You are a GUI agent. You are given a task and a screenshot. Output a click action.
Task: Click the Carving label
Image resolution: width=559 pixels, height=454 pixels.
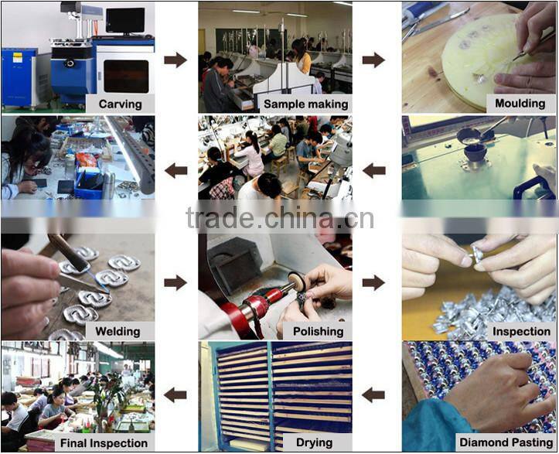(x=120, y=104)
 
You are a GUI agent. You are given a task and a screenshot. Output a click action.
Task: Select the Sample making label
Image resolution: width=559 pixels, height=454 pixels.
(x=306, y=104)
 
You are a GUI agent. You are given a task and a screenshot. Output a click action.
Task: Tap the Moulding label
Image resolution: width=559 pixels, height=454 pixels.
(x=520, y=104)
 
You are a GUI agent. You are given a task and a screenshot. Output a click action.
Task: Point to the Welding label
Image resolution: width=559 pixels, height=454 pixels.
(x=118, y=331)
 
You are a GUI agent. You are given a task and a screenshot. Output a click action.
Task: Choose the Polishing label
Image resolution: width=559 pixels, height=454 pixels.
(x=318, y=331)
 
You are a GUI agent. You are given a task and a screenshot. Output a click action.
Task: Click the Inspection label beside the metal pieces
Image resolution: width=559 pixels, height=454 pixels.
(x=521, y=331)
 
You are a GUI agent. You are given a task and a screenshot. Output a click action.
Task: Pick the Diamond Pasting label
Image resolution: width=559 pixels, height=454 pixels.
(x=506, y=442)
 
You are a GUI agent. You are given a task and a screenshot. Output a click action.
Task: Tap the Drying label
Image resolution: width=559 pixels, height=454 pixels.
(x=314, y=442)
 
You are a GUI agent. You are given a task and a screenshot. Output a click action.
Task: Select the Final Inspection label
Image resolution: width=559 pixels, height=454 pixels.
(x=104, y=443)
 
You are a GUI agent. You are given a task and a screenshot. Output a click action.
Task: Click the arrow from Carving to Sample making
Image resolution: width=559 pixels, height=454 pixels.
(x=176, y=60)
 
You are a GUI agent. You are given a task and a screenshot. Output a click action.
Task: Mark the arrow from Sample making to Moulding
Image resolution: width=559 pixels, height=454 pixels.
(x=373, y=60)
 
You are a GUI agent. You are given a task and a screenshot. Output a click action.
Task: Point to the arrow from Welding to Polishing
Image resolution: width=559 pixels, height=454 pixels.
(x=176, y=283)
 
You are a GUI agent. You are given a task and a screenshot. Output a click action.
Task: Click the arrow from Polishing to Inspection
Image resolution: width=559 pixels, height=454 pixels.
(x=373, y=283)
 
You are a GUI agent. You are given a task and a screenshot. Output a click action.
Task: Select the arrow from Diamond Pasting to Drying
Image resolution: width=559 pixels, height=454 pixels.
(x=373, y=394)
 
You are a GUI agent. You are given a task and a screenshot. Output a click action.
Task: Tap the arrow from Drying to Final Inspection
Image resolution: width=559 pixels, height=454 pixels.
(x=176, y=394)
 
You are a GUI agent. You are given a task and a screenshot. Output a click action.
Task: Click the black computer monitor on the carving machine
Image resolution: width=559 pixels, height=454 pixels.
(x=125, y=21)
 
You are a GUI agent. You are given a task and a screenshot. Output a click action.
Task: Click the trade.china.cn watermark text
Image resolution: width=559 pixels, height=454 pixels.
(x=280, y=217)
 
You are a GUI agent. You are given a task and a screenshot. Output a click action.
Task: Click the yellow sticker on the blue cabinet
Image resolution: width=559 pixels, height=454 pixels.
(x=18, y=57)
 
